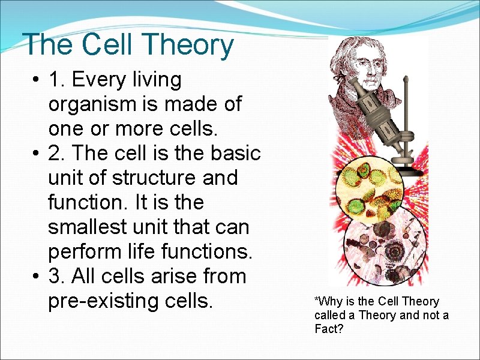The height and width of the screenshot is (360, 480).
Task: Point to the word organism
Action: [x=93, y=104]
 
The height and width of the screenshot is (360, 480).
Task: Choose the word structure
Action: [x=151, y=178]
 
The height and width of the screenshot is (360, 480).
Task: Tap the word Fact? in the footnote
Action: [x=329, y=329]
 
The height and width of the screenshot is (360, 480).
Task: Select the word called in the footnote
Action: [x=328, y=316]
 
